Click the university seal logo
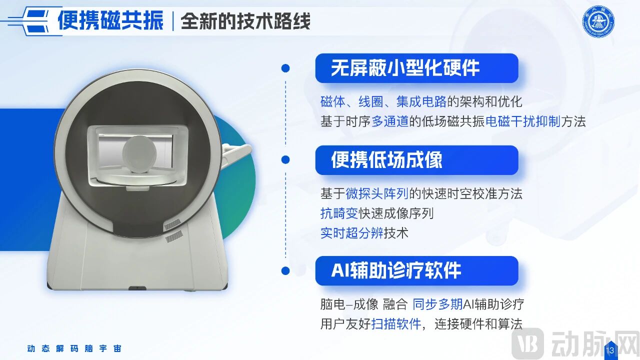pos(598,21)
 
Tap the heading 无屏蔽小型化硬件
pos(405,68)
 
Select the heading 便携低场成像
pos(386,160)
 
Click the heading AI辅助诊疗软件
pos(396,270)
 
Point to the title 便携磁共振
pos(110,20)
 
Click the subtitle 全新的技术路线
pos(245,21)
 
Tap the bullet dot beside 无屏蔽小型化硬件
pos(285,68)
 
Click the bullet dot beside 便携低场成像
pos(285,159)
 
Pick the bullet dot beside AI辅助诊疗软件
pos(285,270)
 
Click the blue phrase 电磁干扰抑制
pos(523,121)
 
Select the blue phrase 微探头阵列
pos(377,193)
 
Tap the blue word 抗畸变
pos(339,213)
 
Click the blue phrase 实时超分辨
pos(351,233)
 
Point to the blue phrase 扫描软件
pos(396,324)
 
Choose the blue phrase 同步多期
pos(437,304)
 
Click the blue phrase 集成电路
pos(421,101)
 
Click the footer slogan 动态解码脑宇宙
pos(74,348)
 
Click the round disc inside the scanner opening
pos(139,154)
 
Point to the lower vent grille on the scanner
pos(174,236)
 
